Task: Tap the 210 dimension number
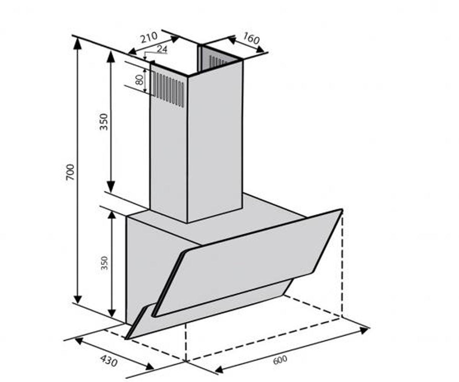pos(149,37)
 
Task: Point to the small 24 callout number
pos(162,49)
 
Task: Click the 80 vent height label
pos(139,80)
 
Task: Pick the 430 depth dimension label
pos(109,361)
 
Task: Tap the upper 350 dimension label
pos(104,122)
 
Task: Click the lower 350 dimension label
pos(104,263)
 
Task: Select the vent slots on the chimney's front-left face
pos(169,89)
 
